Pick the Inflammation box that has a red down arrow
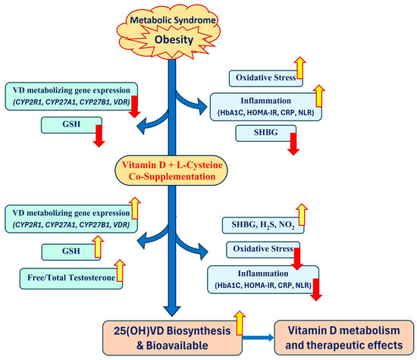260,280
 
